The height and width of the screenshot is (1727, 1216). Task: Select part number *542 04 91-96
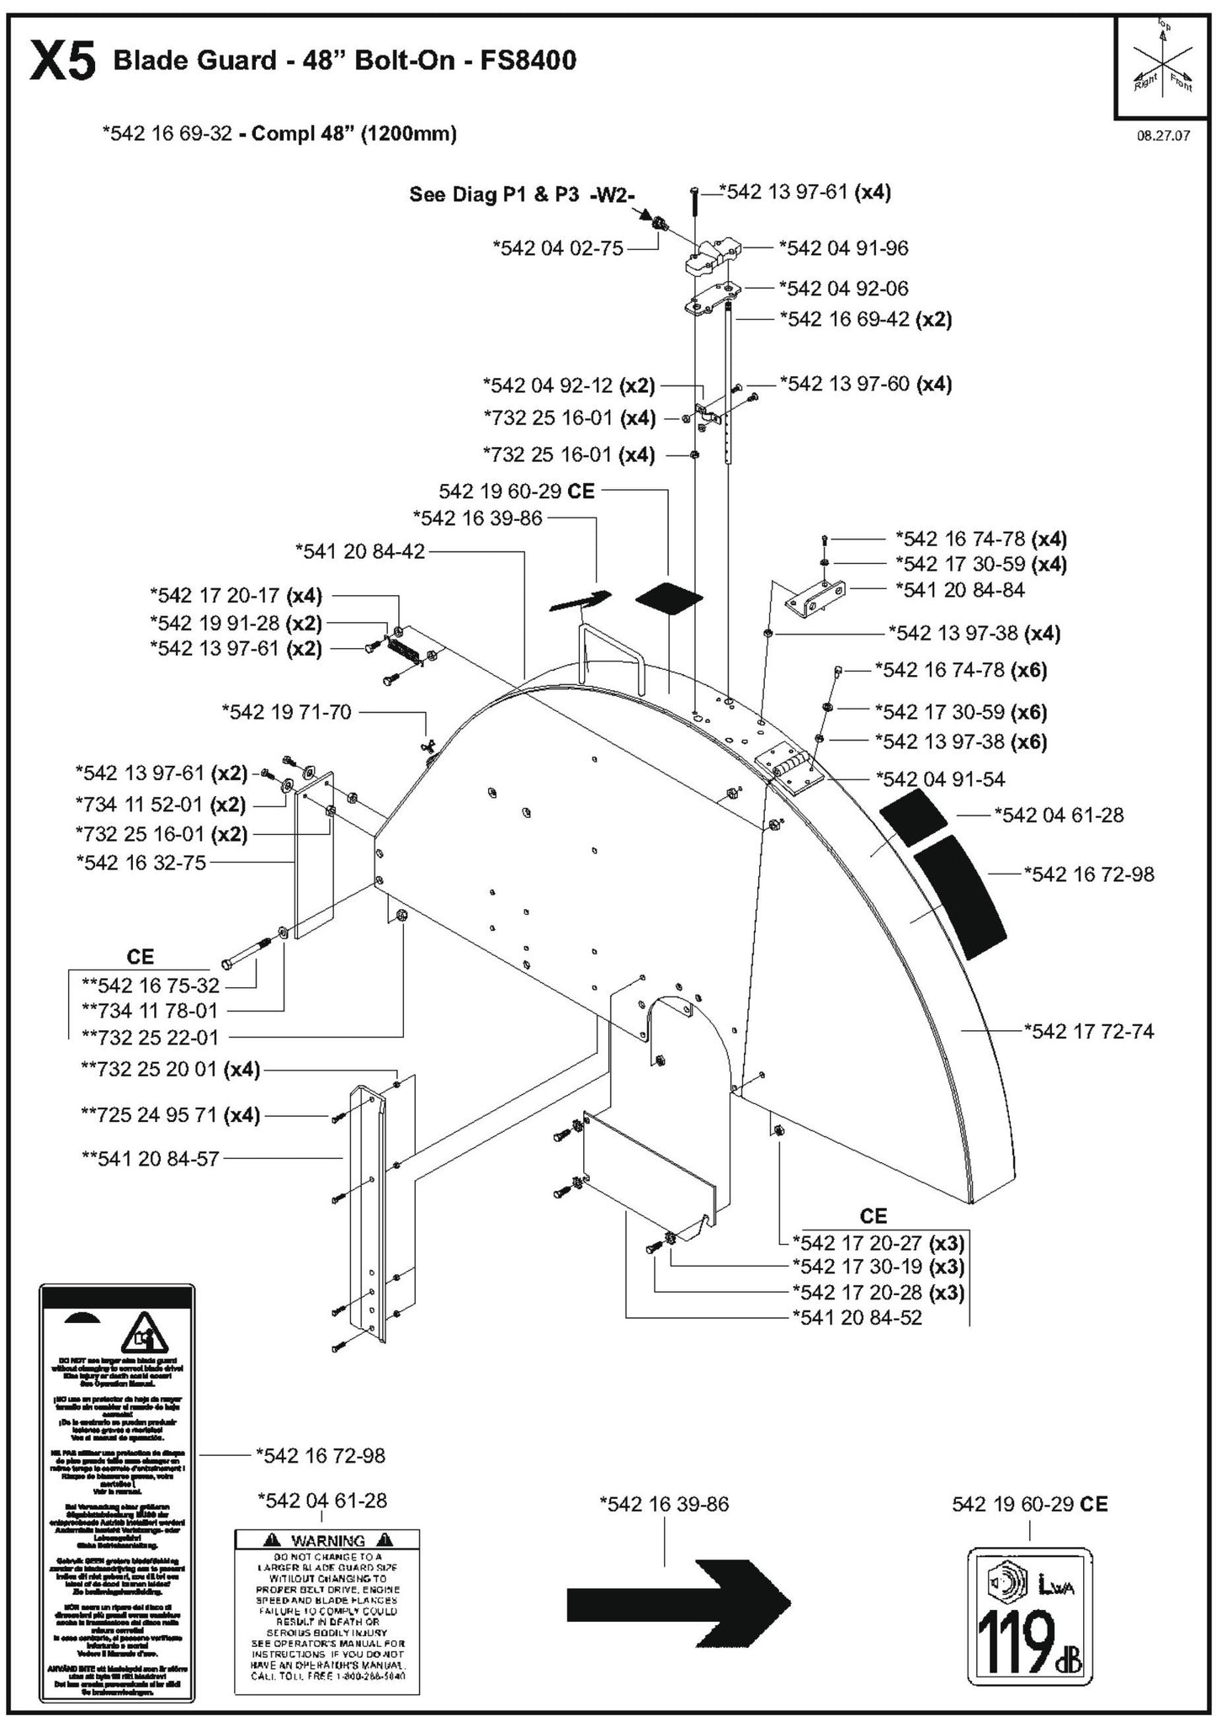click(x=843, y=248)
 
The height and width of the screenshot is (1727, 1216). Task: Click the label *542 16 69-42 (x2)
click(x=865, y=320)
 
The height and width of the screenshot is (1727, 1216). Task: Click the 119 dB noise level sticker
click(x=1029, y=1616)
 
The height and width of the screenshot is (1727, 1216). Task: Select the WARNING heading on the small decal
click(x=327, y=1541)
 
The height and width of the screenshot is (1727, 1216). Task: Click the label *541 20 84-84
click(x=959, y=591)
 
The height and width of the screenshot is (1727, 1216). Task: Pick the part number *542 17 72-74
click(x=1088, y=1031)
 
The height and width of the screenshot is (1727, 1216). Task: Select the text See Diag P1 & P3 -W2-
click(x=522, y=194)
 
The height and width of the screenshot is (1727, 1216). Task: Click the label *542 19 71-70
click(x=286, y=712)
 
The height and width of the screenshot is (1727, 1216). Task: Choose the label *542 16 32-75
click(x=141, y=863)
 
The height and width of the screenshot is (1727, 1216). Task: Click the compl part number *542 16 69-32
click(x=167, y=133)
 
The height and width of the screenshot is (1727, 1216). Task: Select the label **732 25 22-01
click(x=150, y=1038)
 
